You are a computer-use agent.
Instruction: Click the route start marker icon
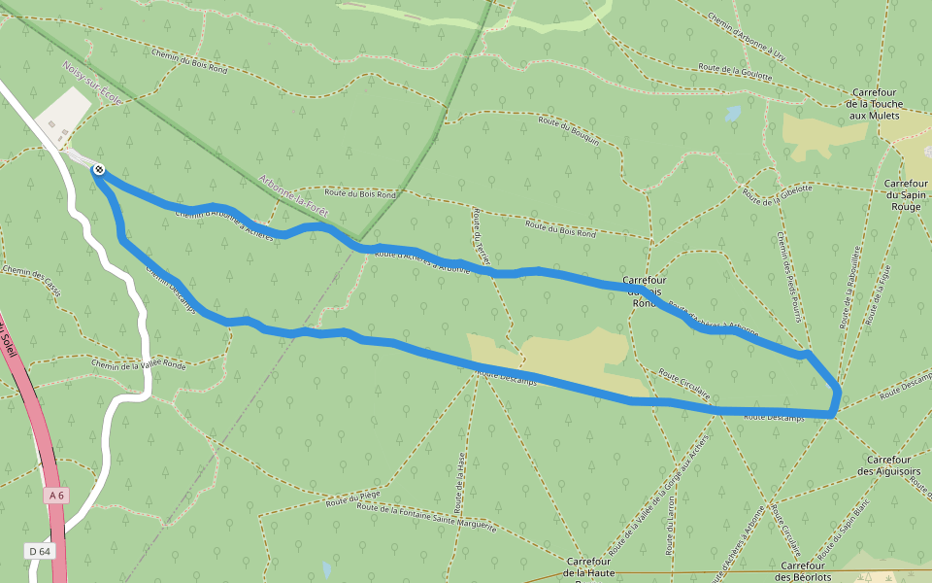(x=98, y=170)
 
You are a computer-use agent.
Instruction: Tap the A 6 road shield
(x=56, y=496)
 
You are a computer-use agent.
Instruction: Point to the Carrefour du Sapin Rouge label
(x=908, y=194)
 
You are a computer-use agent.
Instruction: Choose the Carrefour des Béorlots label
(x=803, y=571)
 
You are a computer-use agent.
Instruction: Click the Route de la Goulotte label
(x=735, y=72)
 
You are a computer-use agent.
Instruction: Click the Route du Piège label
(x=353, y=499)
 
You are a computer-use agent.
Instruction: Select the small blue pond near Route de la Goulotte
(x=733, y=113)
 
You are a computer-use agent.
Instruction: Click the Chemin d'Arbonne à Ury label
(x=747, y=34)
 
